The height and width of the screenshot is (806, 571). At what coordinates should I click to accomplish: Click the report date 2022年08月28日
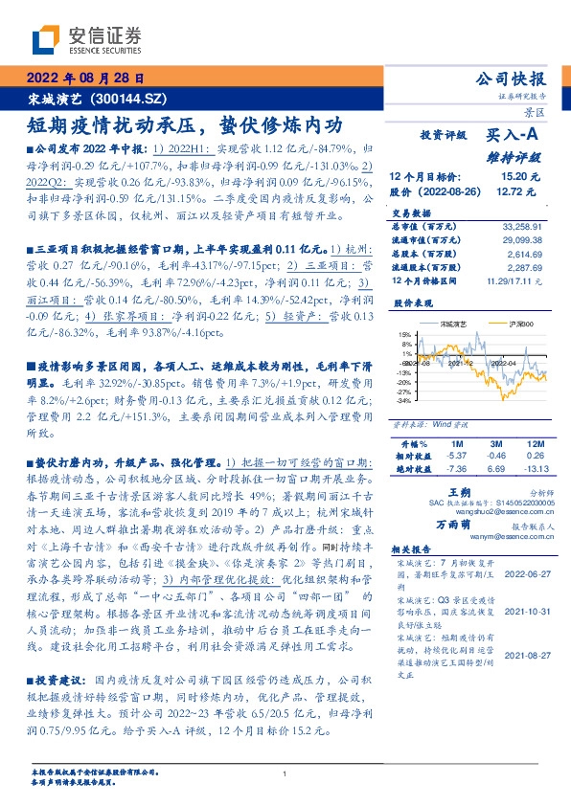[85, 78]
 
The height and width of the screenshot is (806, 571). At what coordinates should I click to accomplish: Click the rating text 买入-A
[516, 135]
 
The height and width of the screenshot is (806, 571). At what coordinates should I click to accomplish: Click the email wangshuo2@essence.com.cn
[480, 511]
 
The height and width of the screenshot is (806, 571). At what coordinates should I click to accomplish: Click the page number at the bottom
[285, 773]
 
